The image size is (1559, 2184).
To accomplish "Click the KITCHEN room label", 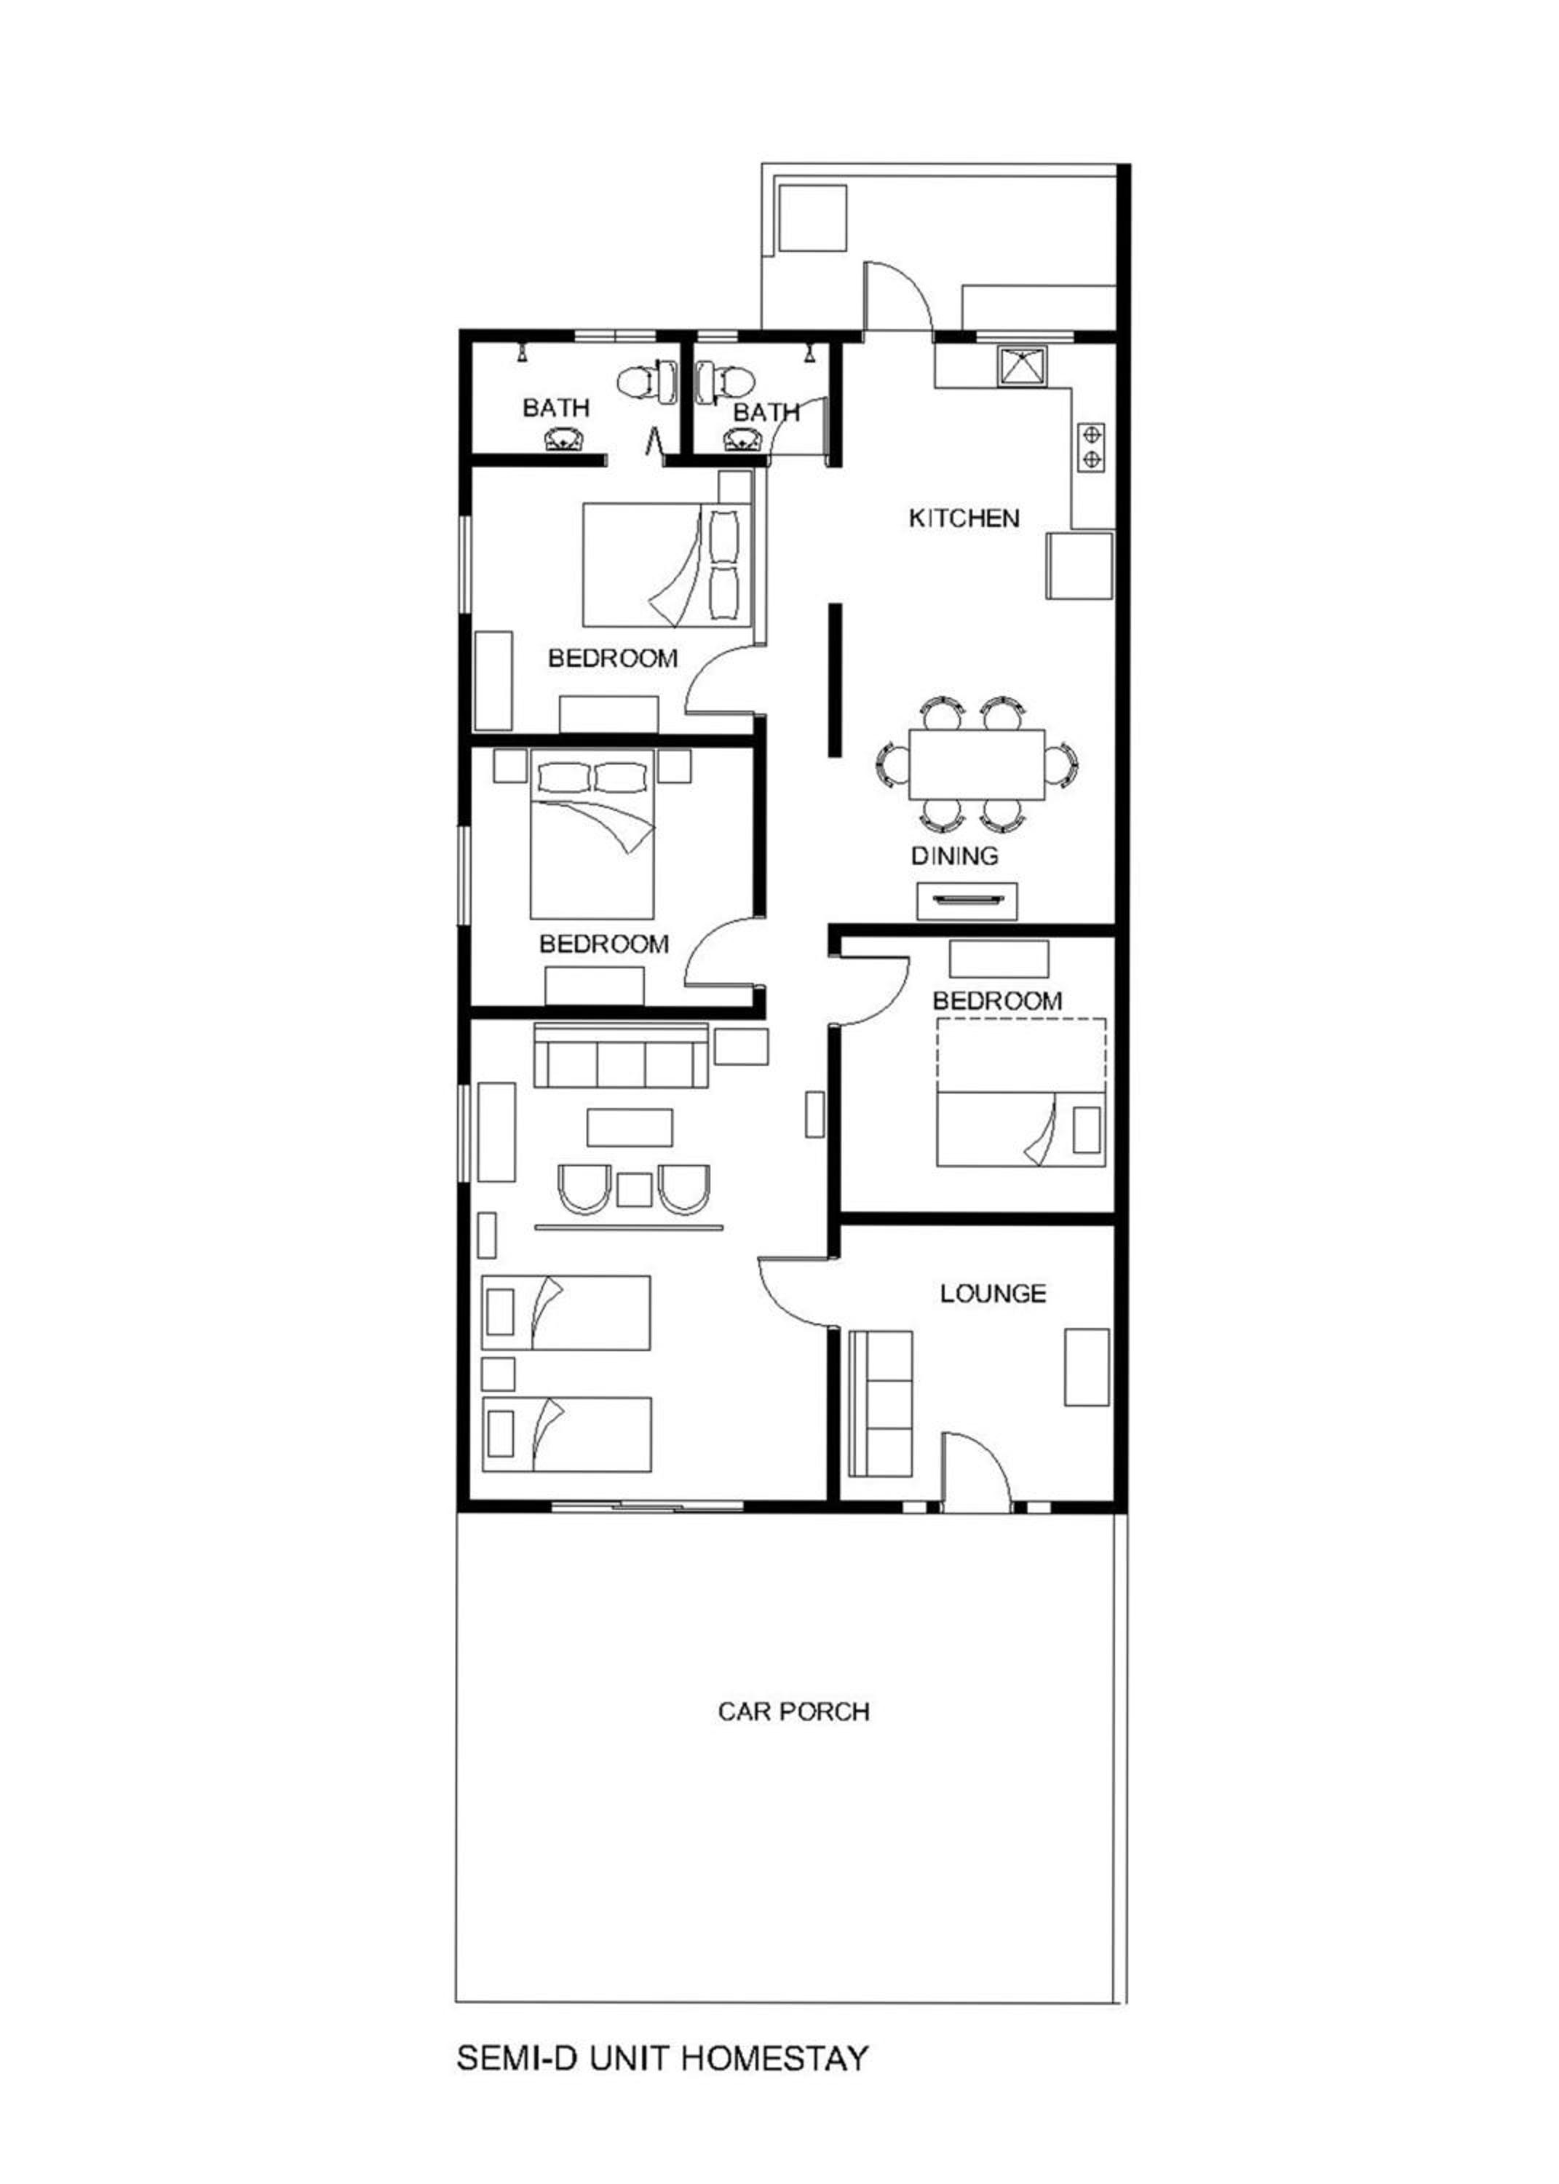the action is pos(964,518).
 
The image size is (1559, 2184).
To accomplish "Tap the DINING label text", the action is pos(954,855).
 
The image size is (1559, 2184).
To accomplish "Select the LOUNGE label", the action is pos(993,1293).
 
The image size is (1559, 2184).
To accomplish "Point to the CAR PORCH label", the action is pos(794,1712).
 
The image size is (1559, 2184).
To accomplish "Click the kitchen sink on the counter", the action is pos(1024,365).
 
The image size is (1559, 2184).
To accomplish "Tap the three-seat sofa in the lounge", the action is pos(880,1404).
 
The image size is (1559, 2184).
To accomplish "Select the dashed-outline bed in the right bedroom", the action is pos(1021,1093).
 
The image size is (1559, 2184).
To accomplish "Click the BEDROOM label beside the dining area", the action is pos(997,1000).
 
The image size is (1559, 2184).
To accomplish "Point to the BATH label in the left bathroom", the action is pos(556,408).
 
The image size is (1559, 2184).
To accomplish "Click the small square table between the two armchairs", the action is pos(635,1190).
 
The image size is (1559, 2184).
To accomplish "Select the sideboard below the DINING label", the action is pos(967,901).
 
